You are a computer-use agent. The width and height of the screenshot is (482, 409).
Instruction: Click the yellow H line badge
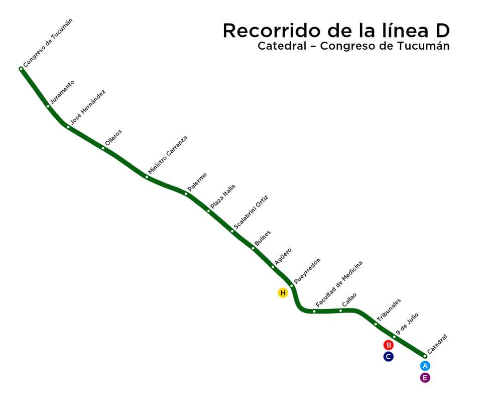[283, 292]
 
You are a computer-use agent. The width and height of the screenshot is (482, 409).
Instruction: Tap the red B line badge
[388, 345]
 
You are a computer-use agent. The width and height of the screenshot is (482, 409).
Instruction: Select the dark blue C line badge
[388, 356]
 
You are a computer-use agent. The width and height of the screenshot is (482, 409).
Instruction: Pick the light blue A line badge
[425, 366]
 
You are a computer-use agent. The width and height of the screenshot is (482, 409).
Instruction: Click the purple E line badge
[425, 378]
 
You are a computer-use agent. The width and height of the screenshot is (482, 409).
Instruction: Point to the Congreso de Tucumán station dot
[21, 69]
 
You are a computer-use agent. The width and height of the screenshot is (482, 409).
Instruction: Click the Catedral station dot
[425, 356]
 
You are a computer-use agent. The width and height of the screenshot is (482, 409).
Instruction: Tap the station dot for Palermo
[186, 194]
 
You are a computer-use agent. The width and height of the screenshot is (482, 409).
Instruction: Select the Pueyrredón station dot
[291, 286]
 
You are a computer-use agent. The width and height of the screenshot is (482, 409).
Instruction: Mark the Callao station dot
[340, 311]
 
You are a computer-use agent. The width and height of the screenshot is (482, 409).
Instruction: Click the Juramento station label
[62, 92]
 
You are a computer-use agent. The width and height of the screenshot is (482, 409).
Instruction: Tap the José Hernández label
[88, 107]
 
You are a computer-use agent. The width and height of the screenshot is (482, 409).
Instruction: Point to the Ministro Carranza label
[168, 155]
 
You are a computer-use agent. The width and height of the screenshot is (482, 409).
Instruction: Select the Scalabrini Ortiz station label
[251, 213]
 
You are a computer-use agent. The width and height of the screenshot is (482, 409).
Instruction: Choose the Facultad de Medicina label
[339, 284]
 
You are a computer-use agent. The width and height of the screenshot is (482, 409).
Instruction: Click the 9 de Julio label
[407, 324]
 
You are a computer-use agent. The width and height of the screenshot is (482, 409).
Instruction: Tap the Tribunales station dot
[376, 324]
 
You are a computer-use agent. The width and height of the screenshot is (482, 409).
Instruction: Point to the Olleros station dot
[103, 148]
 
